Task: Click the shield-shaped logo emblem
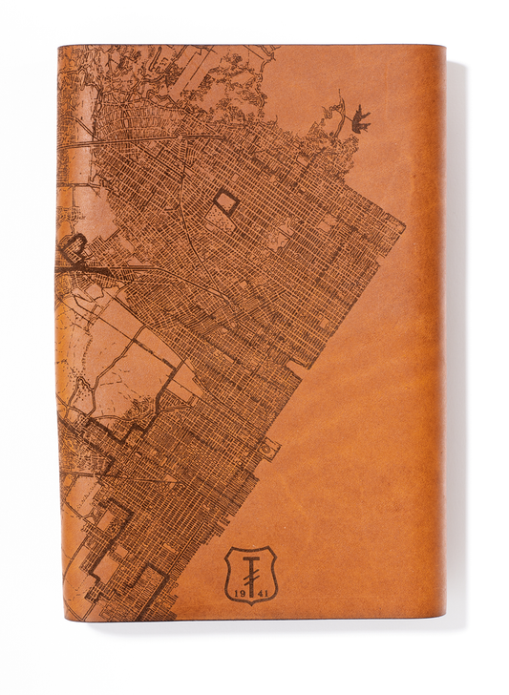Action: (249, 574)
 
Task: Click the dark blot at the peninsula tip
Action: (359, 116)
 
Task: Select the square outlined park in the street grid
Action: (225, 200)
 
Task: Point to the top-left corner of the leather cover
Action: (59, 45)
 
